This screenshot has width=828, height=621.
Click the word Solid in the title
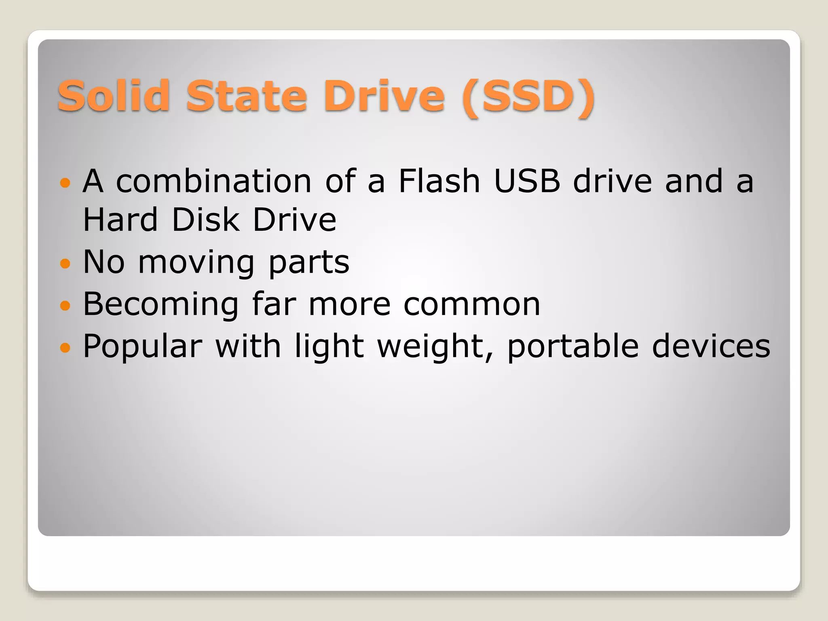pyautogui.click(x=114, y=96)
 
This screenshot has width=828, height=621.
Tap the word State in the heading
pyautogui.click(x=246, y=96)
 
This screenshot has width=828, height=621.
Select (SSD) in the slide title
pyautogui.click(x=528, y=97)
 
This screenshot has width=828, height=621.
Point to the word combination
pyautogui.click(x=213, y=181)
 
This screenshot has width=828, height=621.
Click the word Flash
pyautogui.click(x=439, y=181)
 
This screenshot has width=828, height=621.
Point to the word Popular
pyautogui.click(x=142, y=346)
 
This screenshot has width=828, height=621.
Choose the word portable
pyautogui.click(x=573, y=347)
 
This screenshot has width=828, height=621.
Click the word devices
pyautogui.click(x=711, y=346)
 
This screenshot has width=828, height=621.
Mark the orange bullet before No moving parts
pyautogui.click(x=65, y=264)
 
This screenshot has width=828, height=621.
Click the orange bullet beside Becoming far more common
pyautogui.click(x=65, y=305)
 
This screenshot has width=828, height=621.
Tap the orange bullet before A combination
pyautogui.click(x=65, y=183)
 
